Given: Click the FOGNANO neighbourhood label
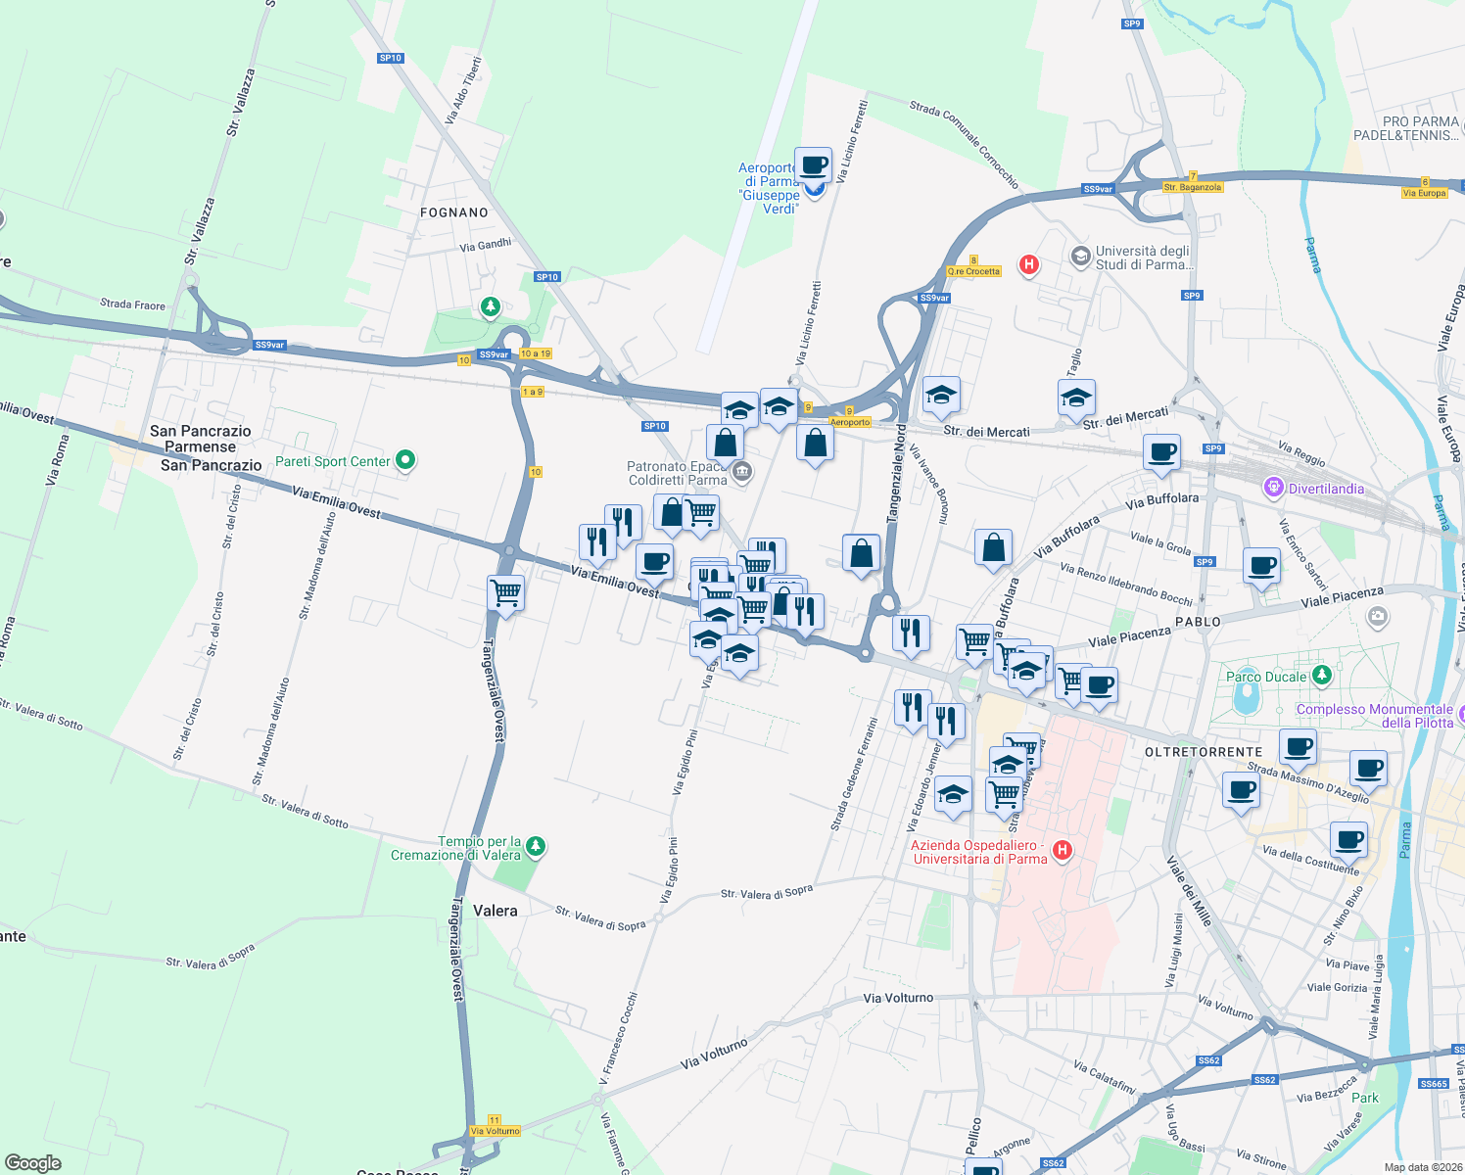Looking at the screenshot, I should point(453,212).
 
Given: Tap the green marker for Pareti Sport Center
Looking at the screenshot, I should point(405,460).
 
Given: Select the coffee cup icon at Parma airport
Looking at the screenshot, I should point(813,164).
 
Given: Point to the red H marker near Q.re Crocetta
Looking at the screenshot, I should point(1028,263).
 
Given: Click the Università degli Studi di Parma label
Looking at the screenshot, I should point(1144,258).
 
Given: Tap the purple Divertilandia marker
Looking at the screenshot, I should point(1273,487).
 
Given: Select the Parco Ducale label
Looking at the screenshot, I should point(1266,677).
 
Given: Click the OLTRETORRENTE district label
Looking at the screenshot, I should point(1204,752).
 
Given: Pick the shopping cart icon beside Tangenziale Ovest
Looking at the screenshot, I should point(505,592).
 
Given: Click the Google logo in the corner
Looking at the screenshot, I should point(33,1163).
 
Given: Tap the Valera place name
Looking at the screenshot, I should point(495,911).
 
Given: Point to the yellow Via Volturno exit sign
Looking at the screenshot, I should point(495,1131).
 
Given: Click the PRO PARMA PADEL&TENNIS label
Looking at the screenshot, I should point(1407,128).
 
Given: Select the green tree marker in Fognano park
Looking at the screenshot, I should point(491,307).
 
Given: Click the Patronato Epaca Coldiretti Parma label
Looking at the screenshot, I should point(678,473).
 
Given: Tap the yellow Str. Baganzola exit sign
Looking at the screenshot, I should point(1192,187).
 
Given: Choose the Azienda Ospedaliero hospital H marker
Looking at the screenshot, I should point(1062,850).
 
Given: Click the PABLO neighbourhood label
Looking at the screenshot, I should point(1198,622).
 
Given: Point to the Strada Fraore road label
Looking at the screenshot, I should point(132,304).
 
